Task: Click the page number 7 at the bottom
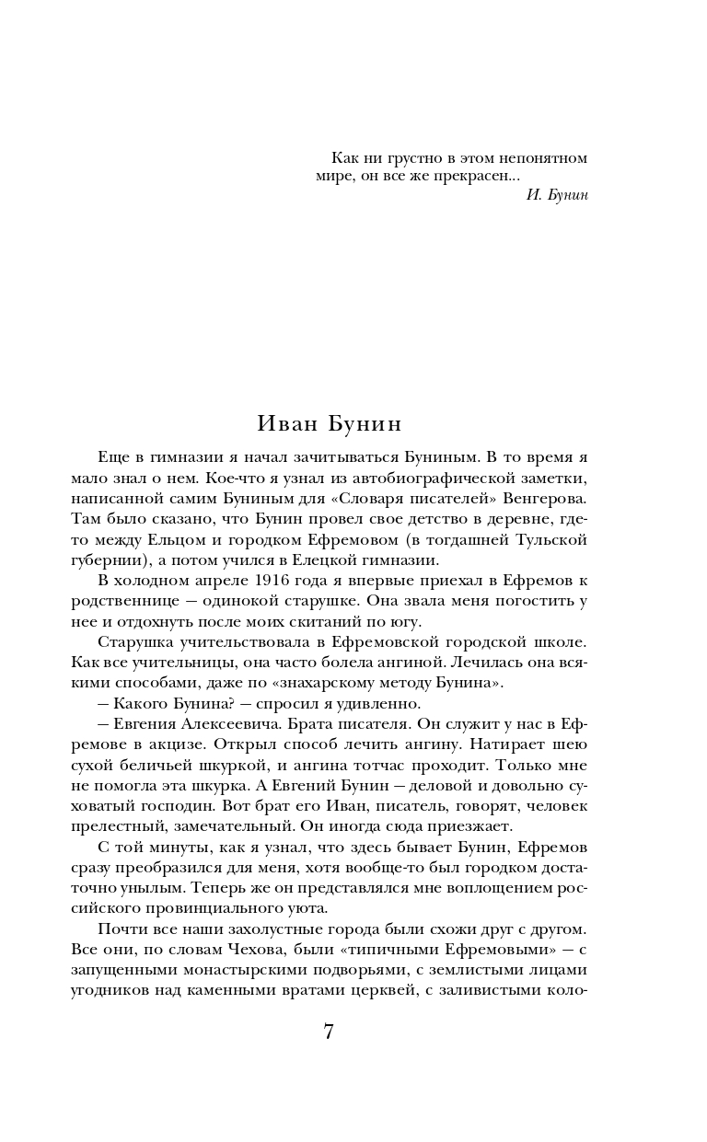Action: [329, 1031]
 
